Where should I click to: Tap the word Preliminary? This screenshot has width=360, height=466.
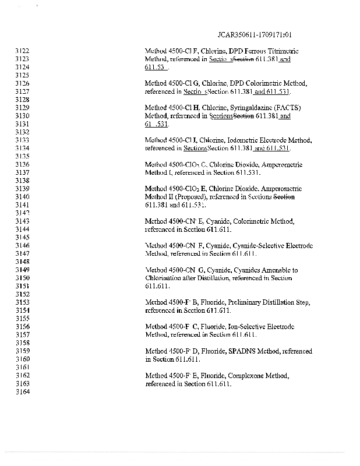(242, 302)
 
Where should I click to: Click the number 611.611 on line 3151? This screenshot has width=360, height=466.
(157, 287)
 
